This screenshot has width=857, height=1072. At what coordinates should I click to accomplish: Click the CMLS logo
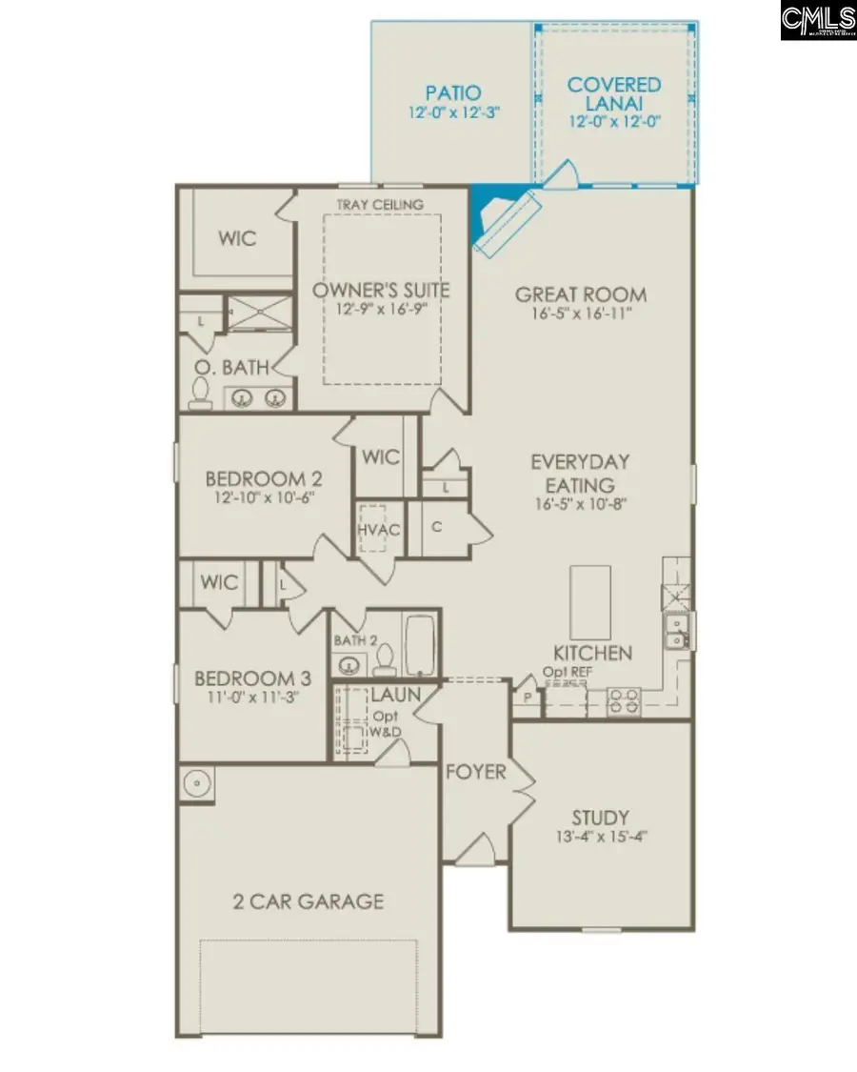coord(817,20)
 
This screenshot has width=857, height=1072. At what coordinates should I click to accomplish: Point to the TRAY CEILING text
coord(380,205)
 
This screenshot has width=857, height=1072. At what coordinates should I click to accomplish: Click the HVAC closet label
coord(378,530)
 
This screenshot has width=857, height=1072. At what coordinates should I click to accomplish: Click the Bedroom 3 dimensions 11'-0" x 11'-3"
coord(253,698)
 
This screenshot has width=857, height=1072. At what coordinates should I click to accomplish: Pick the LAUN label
coord(396,695)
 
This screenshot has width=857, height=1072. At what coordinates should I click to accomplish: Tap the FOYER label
coord(476,772)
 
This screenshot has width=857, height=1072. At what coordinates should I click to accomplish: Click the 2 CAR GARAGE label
coord(309,900)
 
